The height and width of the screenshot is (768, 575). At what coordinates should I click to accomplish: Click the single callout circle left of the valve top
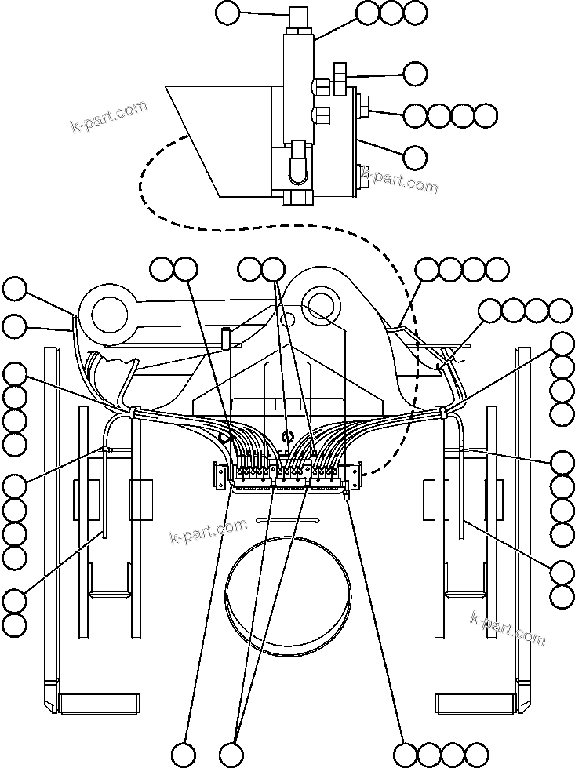[227, 12]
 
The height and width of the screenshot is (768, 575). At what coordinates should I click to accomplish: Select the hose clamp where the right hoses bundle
[441, 411]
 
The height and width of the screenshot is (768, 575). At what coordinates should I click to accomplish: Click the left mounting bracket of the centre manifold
[220, 475]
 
